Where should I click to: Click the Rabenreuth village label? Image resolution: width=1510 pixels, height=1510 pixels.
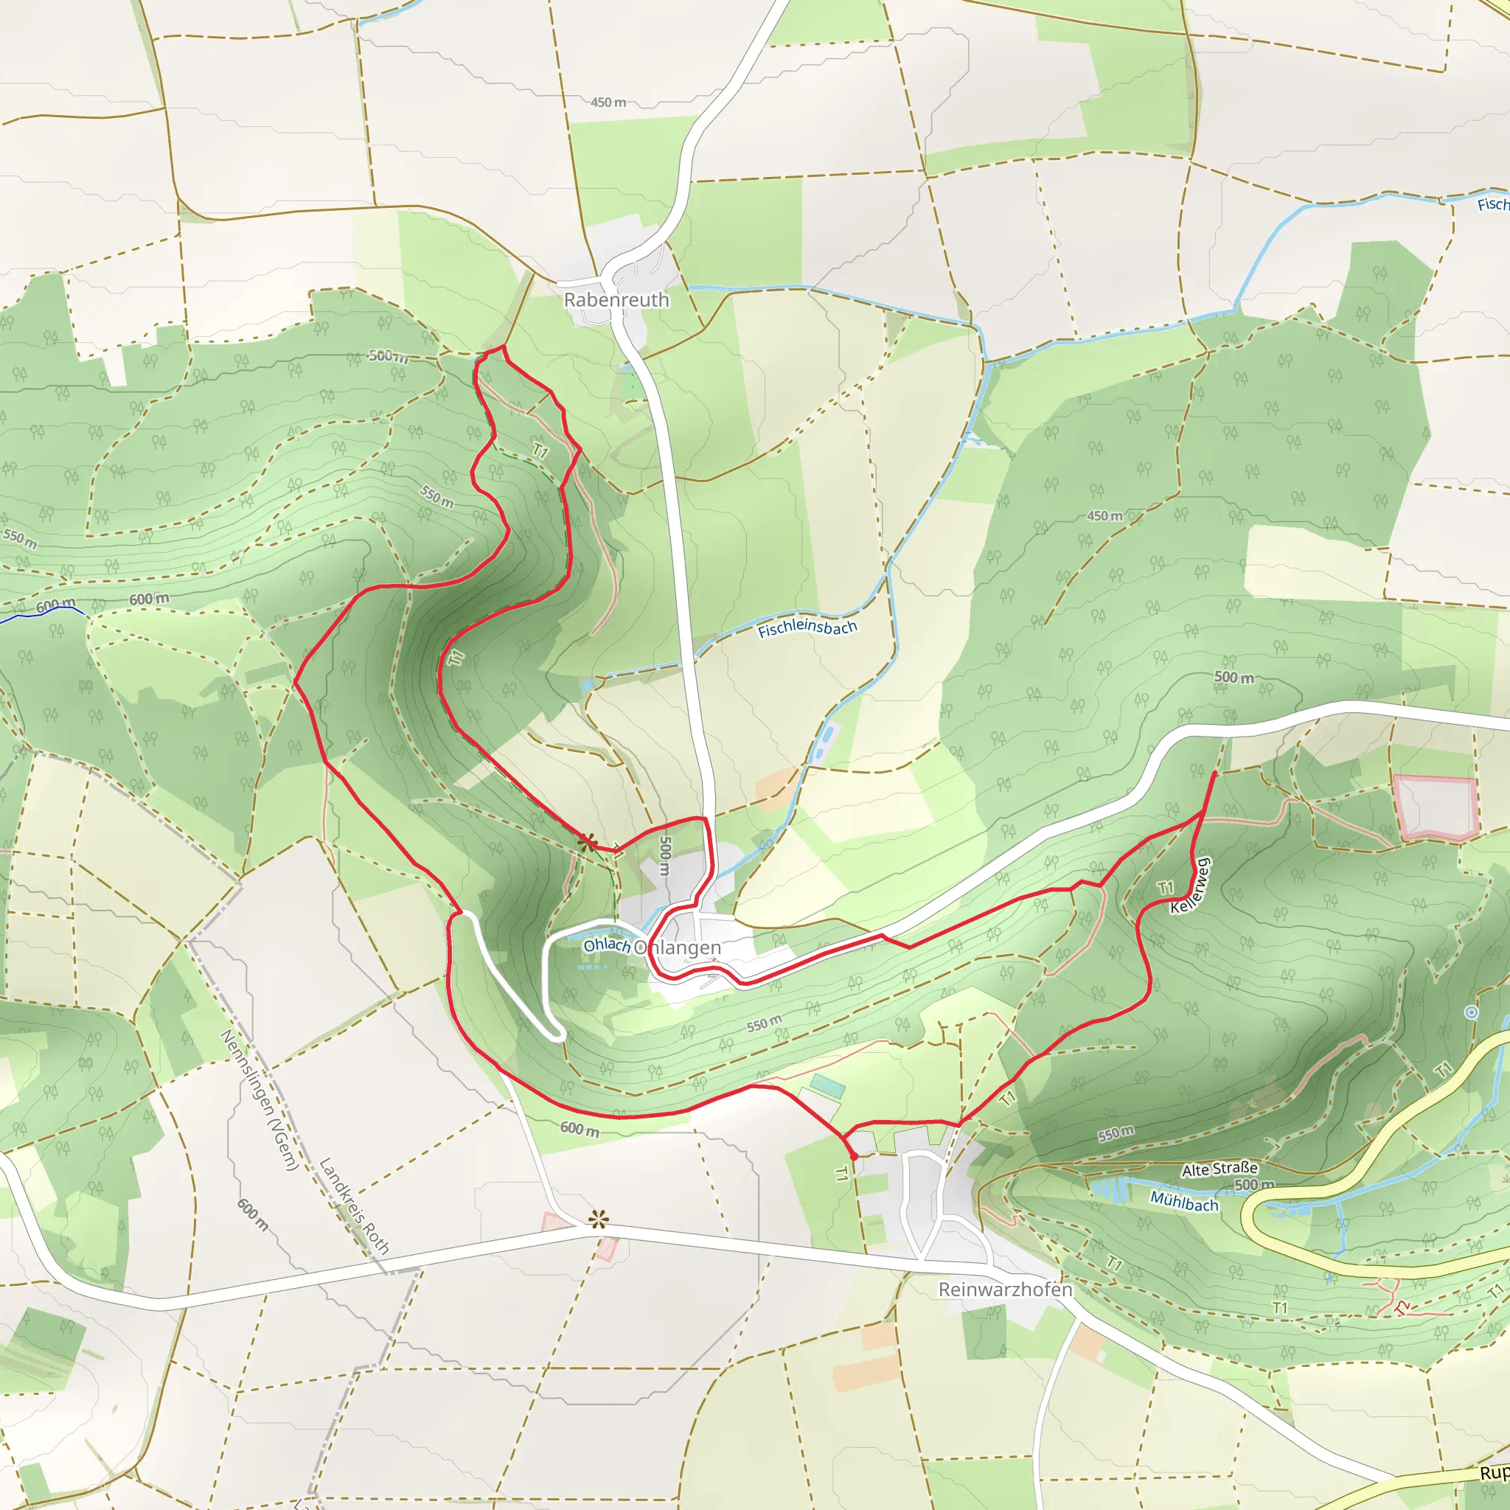click(616, 300)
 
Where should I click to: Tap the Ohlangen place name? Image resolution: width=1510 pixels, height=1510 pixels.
click(677, 948)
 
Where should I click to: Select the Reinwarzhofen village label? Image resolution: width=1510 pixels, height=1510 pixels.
click(1005, 1290)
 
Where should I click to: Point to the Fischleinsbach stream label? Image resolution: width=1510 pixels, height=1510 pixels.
click(807, 628)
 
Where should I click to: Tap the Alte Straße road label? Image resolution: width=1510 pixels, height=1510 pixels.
click(1220, 1169)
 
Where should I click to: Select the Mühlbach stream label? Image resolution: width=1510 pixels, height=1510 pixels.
click(1184, 1201)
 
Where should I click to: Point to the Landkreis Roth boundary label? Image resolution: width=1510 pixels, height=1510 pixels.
click(354, 1205)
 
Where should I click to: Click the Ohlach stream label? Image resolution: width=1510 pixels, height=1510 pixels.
click(607, 945)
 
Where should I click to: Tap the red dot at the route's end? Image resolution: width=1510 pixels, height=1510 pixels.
click(854, 1156)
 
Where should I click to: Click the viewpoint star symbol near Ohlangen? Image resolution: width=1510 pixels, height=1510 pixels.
click(587, 842)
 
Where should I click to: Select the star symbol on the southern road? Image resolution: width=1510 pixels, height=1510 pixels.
click(599, 1219)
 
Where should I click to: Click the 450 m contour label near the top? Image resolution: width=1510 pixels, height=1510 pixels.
click(608, 102)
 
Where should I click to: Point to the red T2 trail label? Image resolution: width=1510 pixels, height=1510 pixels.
click(1402, 1307)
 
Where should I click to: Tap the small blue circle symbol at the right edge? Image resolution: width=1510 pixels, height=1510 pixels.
click(1471, 1012)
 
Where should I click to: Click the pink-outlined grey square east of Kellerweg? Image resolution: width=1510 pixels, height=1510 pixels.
click(1435, 807)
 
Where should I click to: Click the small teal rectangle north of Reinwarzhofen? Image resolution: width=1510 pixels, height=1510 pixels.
click(828, 1086)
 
